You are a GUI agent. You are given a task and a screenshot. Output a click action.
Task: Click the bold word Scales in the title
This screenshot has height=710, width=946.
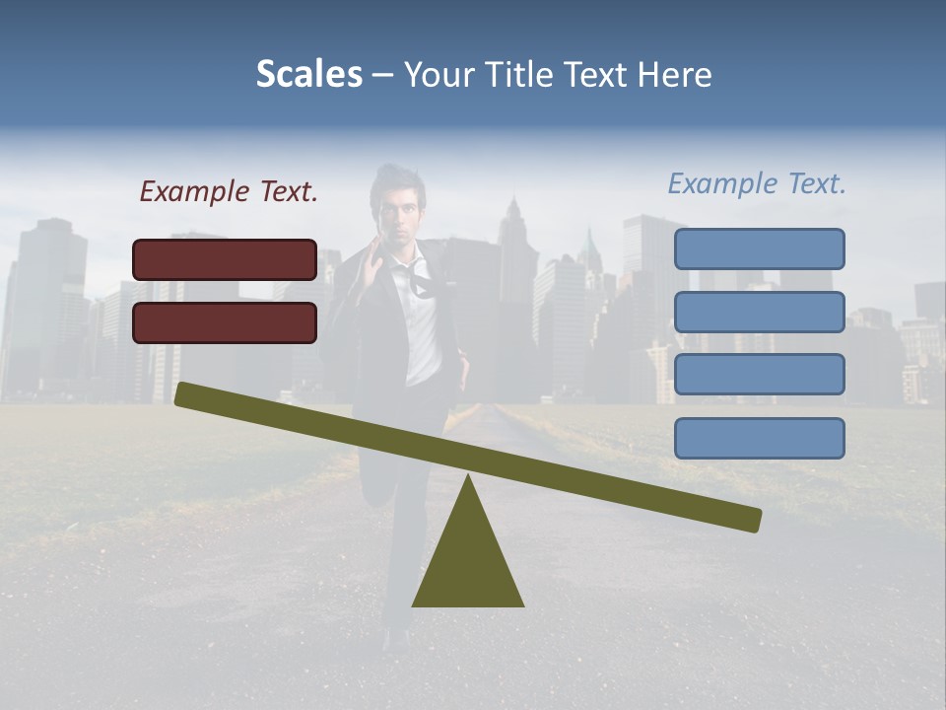tap(308, 75)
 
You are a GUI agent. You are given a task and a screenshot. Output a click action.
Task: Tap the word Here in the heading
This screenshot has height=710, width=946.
tap(675, 75)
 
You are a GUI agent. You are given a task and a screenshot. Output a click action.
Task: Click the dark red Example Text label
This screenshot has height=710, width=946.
tap(229, 191)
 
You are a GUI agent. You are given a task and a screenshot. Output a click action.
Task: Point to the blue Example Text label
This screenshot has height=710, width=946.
tap(757, 183)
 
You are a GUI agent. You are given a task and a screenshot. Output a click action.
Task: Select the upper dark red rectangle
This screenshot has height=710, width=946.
tap(225, 259)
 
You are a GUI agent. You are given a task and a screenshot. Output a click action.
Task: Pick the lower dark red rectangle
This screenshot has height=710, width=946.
tap(225, 322)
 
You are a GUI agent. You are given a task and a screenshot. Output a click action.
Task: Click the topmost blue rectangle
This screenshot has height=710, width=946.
tap(759, 248)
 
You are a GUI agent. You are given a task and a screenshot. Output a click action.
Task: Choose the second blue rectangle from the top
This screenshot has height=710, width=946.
tap(759, 312)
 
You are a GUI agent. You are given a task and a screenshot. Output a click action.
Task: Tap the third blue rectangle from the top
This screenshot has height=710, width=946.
tap(759, 375)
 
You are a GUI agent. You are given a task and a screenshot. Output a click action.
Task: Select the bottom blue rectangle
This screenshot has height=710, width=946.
tap(759, 438)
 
